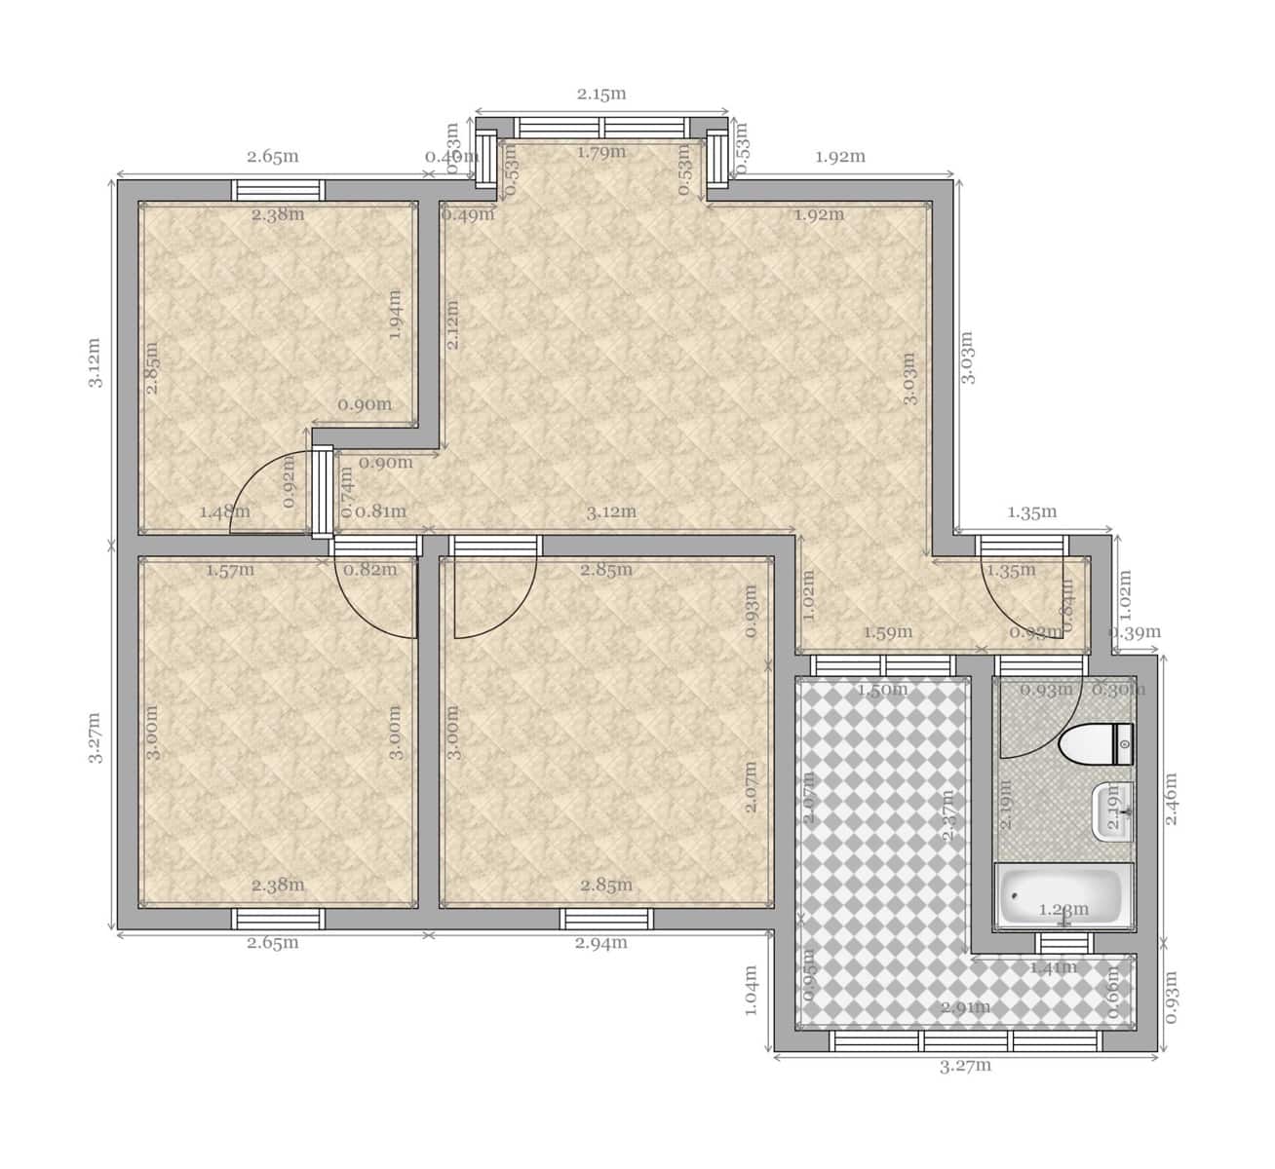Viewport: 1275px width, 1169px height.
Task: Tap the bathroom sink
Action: pos(1112,810)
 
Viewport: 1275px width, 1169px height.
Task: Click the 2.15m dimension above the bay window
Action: pos(600,94)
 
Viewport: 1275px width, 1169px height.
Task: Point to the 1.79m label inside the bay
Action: pos(600,152)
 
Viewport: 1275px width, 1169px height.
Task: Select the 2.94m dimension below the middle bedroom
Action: pos(600,942)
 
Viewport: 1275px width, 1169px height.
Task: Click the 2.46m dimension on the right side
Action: pos(1172,799)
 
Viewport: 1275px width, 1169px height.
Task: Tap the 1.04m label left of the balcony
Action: pos(751,990)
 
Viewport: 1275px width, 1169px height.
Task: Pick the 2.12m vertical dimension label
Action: pos(453,324)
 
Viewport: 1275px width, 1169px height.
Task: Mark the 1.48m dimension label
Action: pos(224,511)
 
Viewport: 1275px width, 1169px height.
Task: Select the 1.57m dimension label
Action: pos(230,570)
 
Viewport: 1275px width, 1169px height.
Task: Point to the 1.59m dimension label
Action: pos(888,632)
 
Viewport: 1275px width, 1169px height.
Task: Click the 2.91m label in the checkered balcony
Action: pos(966,1007)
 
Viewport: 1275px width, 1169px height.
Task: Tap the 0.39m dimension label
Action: pos(1137,632)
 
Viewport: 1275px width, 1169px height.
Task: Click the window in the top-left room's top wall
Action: pos(278,190)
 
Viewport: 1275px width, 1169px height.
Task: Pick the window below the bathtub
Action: pos(1062,943)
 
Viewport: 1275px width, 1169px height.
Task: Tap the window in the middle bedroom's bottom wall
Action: pos(605,919)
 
